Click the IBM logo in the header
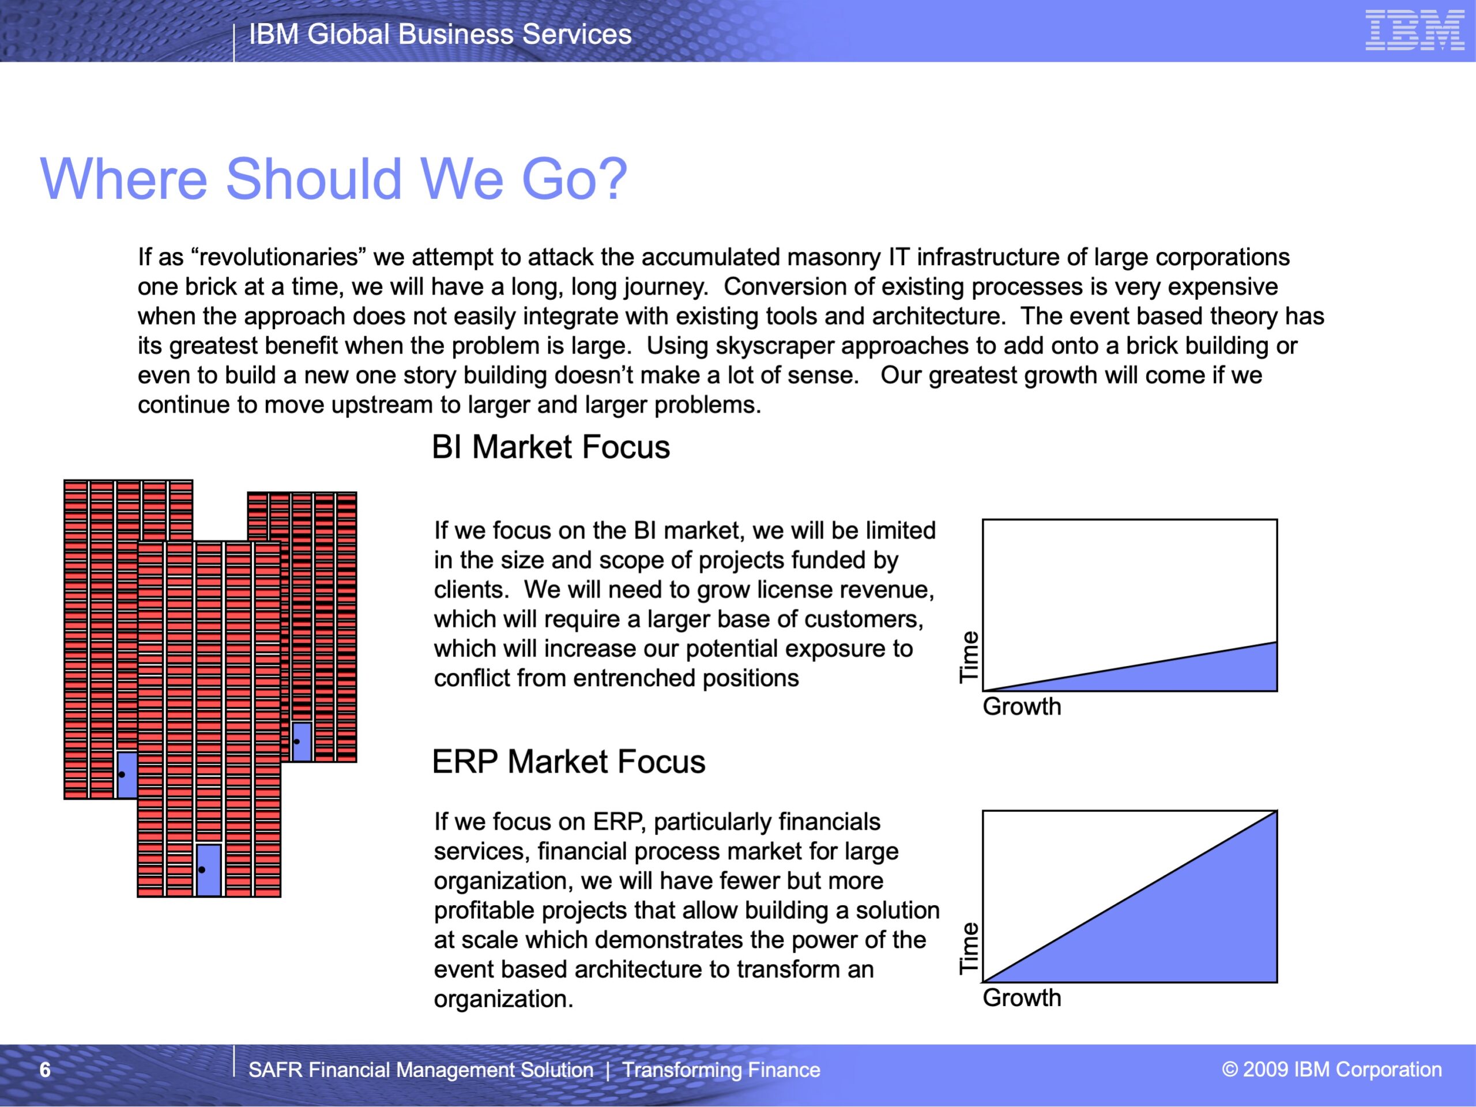click(x=1415, y=30)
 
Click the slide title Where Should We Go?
click(x=334, y=179)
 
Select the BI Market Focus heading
click(x=551, y=446)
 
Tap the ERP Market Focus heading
click(x=568, y=762)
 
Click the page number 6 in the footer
click(x=45, y=1070)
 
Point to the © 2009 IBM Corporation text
click(x=1332, y=1069)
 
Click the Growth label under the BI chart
click(x=1022, y=706)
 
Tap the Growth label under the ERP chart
click(x=1022, y=997)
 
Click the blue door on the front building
click(x=209, y=870)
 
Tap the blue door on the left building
click(x=127, y=775)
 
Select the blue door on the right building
click(x=302, y=741)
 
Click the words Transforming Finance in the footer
click(x=721, y=1070)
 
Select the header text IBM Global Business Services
click(x=440, y=34)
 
